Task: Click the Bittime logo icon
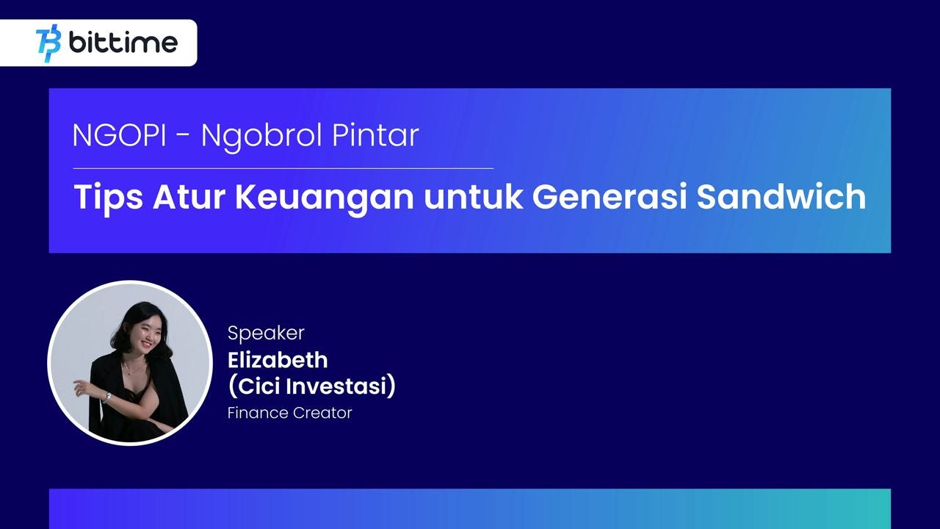48,43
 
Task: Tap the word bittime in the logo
123,42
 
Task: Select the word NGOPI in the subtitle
120,135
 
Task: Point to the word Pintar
375,135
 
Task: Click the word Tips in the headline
108,198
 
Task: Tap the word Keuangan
325,198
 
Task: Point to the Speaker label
266,334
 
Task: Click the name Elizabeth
278,360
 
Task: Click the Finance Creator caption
289,413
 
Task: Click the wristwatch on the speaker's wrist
108,397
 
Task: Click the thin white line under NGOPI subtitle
283,168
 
